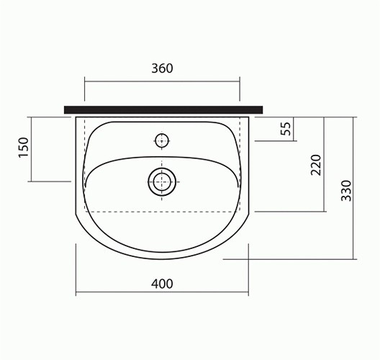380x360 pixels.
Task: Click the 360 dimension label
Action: (x=162, y=68)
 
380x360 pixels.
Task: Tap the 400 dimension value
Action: (x=162, y=284)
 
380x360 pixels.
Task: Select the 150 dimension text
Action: (x=24, y=148)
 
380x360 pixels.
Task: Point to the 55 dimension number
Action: (x=286, y=129)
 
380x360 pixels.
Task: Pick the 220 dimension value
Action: (x=316, y=165)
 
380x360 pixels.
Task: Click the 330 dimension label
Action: (x=346, y=191)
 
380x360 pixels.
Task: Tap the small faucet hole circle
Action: (x=162, y=140)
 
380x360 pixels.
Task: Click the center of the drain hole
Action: (x=162, y=182)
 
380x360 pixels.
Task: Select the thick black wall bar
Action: (x=163, y=109)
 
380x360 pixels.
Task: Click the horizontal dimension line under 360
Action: (x=162, y=81)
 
